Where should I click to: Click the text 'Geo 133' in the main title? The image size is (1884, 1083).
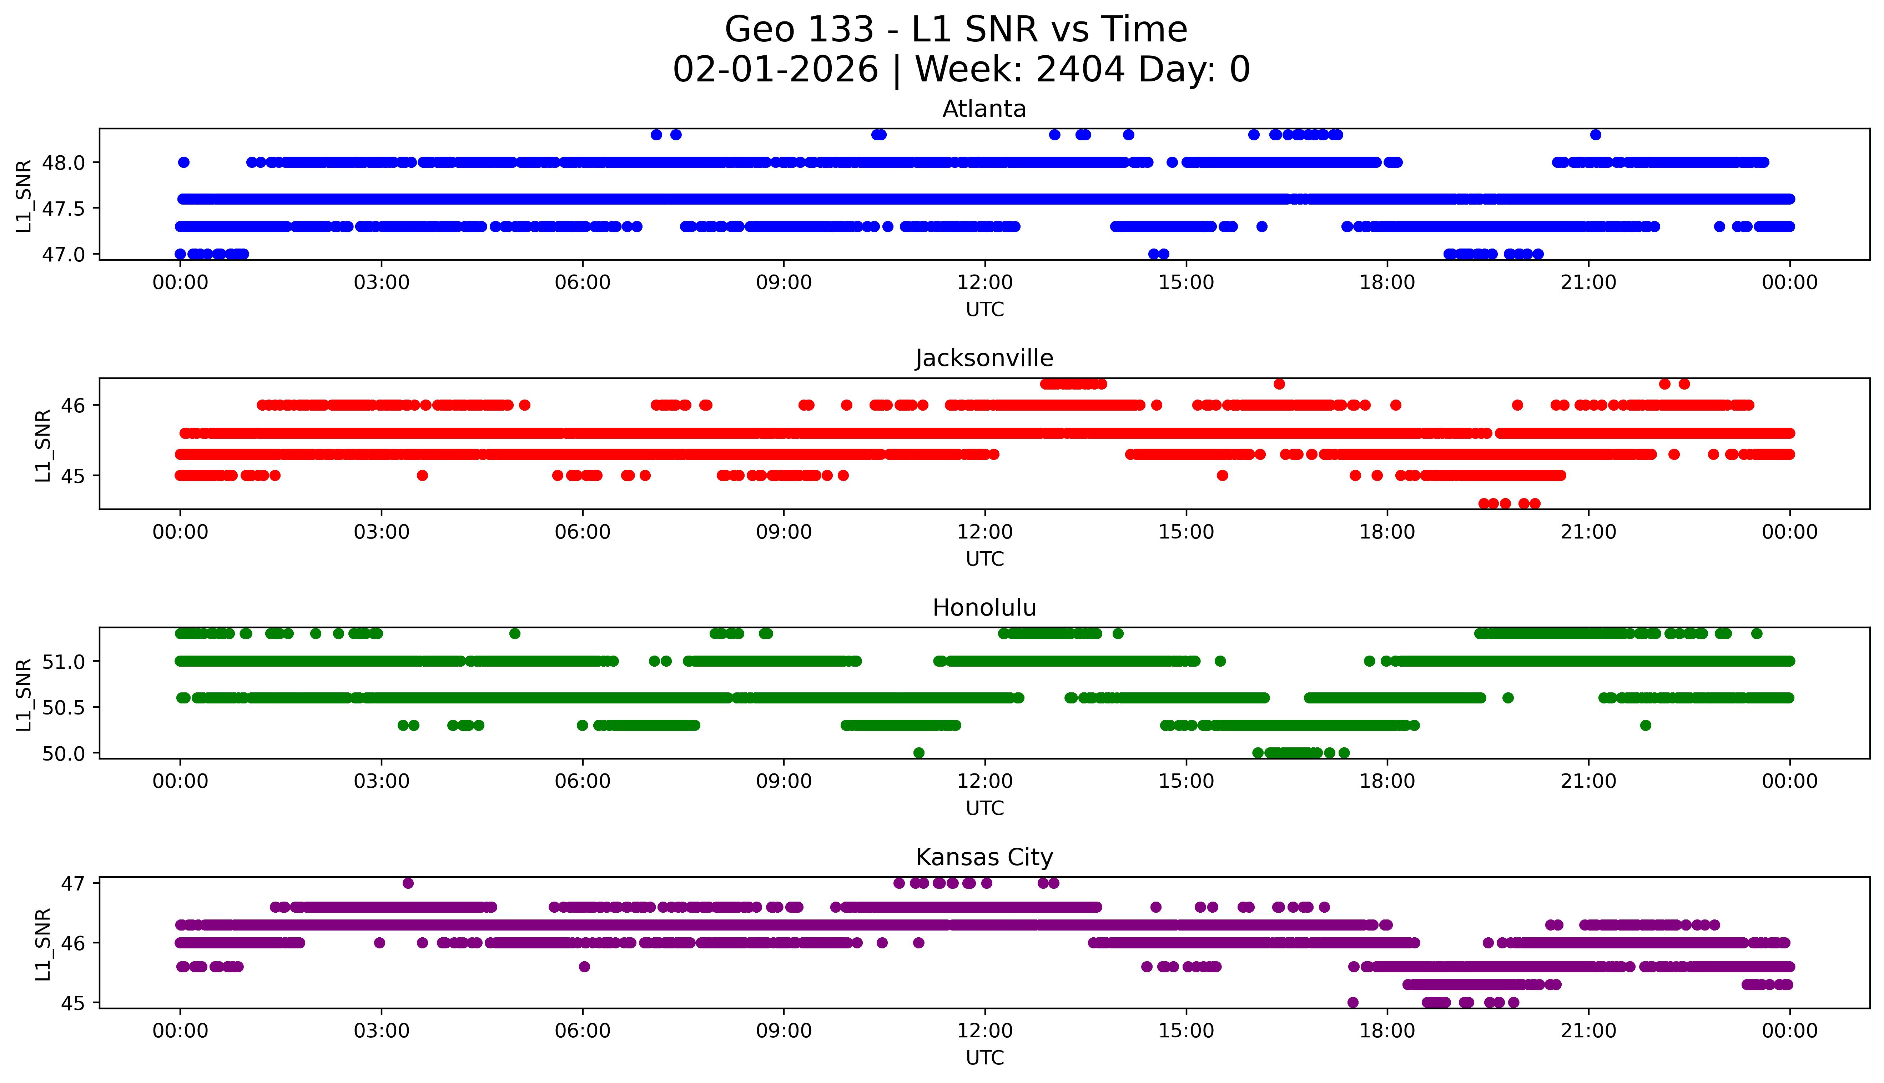(x=799, y=30)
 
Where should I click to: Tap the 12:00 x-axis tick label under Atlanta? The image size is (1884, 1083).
(x=984, y=283)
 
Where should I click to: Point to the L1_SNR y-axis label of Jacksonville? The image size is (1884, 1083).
(x=43, y=445)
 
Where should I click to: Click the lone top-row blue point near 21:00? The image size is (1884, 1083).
(x=1595, y=135)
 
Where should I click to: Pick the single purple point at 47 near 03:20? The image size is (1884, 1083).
(x=407, y=883)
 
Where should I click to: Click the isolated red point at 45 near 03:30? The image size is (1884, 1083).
(x=422, y=475)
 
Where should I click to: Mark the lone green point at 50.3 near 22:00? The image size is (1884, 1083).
(x=1645, y=725)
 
